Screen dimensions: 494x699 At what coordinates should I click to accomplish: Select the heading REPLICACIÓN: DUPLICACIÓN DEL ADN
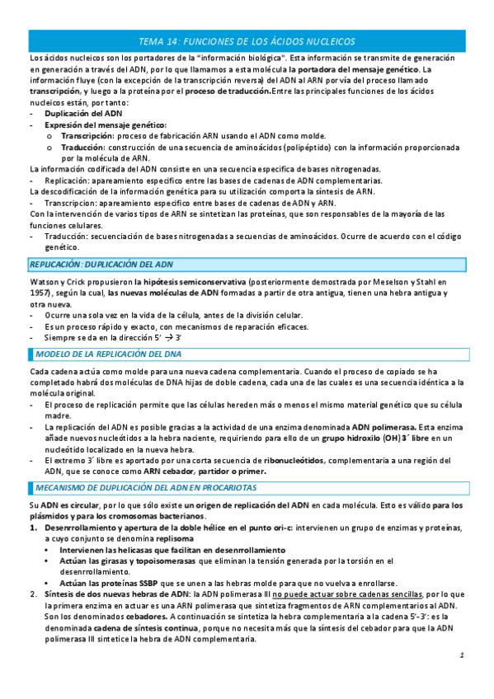coord(101,264)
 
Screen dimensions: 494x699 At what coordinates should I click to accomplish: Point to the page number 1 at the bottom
coord(463,678)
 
